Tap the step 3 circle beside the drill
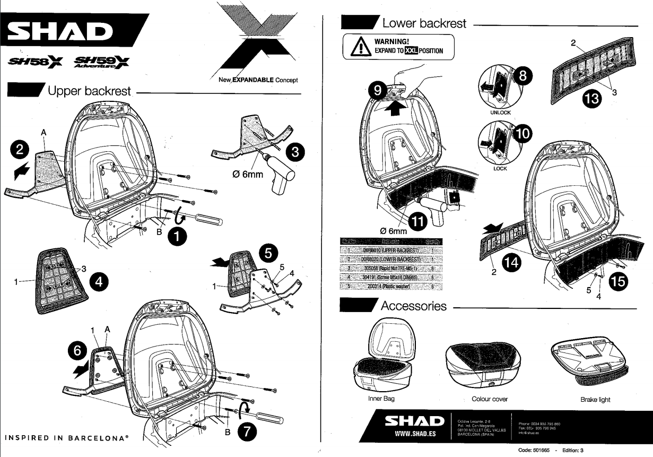click(x=294, y=152)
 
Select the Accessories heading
click(x=413, y=306)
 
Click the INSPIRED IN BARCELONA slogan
click(x=67, y=438)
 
